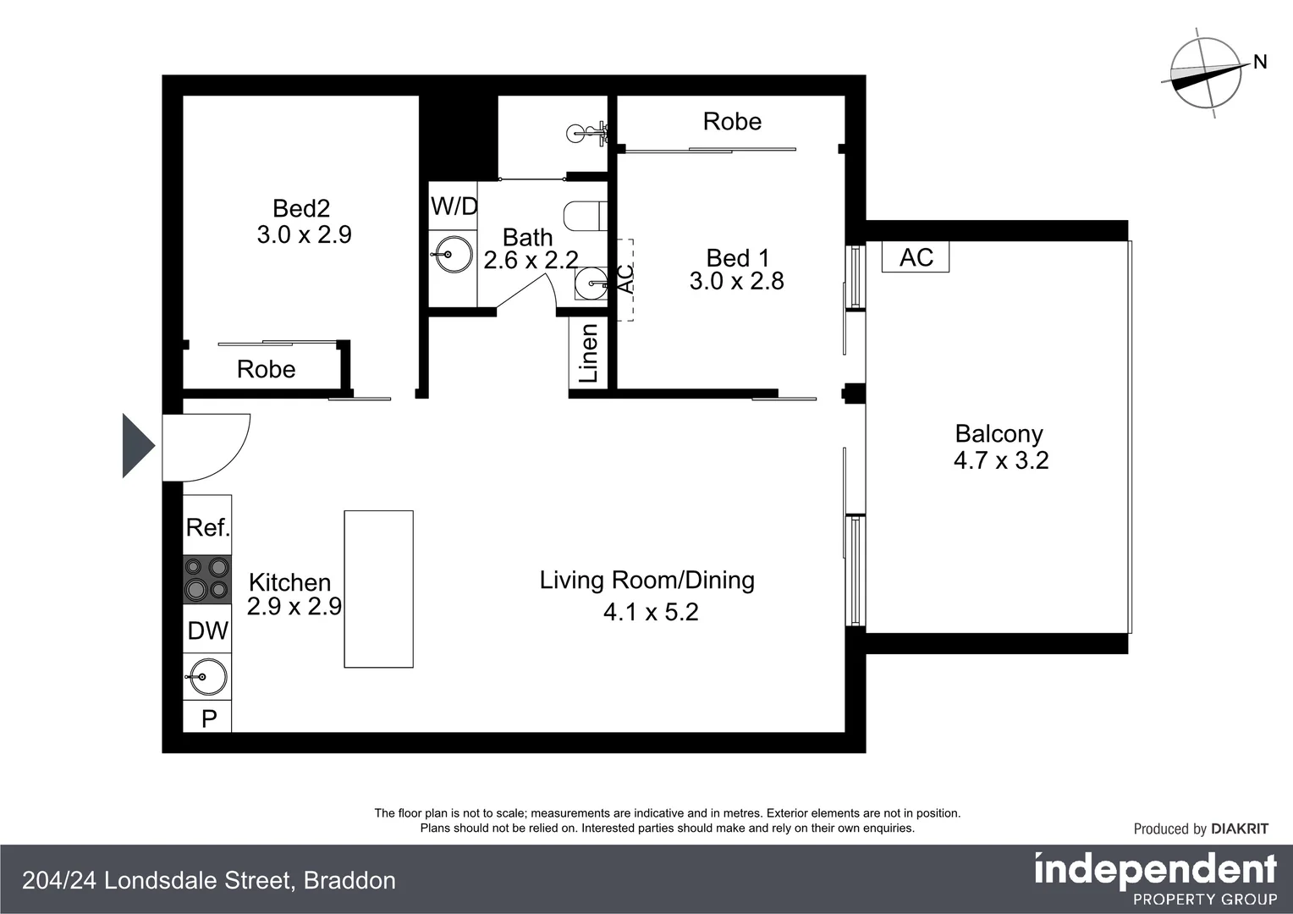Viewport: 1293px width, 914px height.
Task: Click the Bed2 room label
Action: (x=301, y=208)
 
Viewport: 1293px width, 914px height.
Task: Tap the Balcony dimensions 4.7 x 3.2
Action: (x=1001, y=460)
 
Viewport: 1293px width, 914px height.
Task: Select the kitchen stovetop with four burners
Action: (x=207, y=579)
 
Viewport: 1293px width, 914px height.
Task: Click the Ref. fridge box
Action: (x=207, y=527)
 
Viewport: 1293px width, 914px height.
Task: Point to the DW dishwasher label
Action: (x=207, y=630)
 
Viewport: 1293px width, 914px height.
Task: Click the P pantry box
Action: (x=208, y=719)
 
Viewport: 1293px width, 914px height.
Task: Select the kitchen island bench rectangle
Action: (x=378, y=589)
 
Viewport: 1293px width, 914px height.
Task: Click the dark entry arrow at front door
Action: (x=137, y=446)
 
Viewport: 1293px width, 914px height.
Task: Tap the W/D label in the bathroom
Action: (x=454, y=206)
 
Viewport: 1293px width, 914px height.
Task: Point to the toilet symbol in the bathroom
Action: (x=584, y=215)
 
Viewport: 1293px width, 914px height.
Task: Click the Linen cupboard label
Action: (x=588, y=354)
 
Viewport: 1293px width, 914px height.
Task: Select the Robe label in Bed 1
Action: (x=732, y=122)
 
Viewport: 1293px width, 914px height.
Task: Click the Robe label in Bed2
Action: (x=266, y=369)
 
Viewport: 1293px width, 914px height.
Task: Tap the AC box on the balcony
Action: (x=916, y=257)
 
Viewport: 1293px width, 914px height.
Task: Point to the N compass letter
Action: (x=1260, y=62)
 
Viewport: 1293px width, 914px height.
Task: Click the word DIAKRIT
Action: (x=1240, y=829)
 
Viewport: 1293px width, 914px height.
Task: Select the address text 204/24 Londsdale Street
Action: (x=157, y=881)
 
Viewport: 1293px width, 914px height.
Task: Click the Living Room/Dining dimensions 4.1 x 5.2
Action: (x=651, y=612)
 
